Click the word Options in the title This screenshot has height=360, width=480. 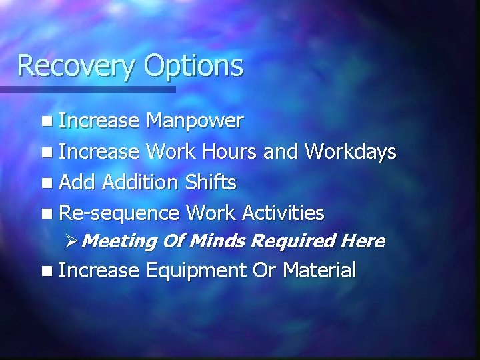193,67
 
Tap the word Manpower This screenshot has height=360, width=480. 195,121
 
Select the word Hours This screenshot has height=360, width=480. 224,151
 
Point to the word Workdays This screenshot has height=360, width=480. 351,151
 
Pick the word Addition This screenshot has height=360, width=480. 141,182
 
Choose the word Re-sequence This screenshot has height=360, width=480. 119,213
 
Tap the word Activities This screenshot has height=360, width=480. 283,213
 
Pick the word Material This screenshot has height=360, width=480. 319,270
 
